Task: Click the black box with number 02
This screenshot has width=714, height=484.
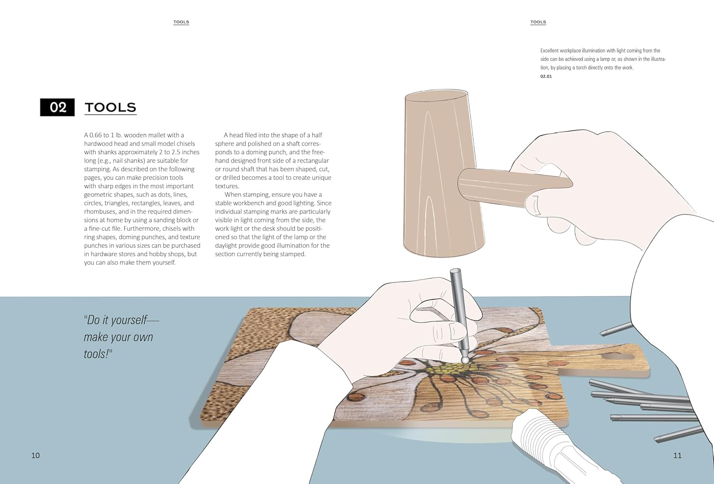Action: tap(58, 107)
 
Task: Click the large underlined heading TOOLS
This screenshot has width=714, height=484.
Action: tap(110, 107)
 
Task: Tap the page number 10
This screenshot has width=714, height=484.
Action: tap(35, 455)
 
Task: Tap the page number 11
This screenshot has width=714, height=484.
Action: tap(677, 455)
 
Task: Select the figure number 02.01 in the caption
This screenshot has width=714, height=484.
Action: tap(546, 77)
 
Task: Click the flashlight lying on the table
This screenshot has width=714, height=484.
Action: tap(561, 449)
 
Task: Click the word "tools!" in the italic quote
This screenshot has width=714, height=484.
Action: tap(98, 354)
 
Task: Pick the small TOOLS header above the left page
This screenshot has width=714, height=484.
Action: tap(181, 22)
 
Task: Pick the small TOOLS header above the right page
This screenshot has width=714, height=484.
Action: tap(538, 22)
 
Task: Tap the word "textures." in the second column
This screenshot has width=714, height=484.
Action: tap(227, 186)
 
